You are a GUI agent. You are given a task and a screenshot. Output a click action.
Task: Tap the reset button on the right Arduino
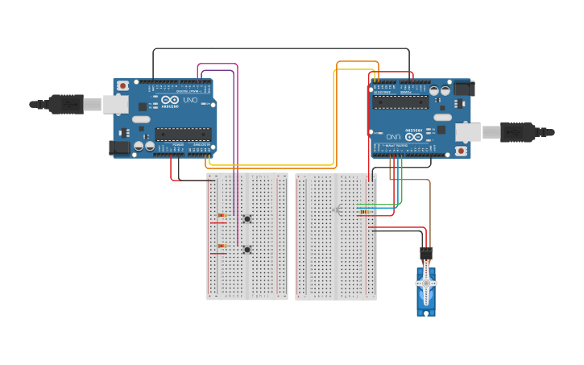461,151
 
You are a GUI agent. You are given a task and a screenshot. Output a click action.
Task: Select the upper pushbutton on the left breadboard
247,218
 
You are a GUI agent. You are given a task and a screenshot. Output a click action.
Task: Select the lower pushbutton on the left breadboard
247,249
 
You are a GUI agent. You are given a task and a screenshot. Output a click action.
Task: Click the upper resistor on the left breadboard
222,215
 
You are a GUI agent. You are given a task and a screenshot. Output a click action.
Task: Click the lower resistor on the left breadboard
222,246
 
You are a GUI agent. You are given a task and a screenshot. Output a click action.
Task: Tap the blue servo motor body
426,298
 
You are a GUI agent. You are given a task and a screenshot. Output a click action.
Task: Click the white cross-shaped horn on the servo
426,283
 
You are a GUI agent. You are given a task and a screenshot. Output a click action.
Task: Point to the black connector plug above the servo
426,254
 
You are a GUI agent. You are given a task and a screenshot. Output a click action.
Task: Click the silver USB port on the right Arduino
468,131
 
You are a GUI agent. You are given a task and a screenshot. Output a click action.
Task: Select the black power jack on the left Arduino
118,147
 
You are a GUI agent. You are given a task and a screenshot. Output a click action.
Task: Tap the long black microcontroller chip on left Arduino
183,134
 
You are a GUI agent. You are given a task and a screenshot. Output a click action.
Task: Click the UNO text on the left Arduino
192,100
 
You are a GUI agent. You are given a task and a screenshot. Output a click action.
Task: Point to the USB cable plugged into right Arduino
524,131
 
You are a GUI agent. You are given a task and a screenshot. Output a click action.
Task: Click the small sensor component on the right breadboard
337,209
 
